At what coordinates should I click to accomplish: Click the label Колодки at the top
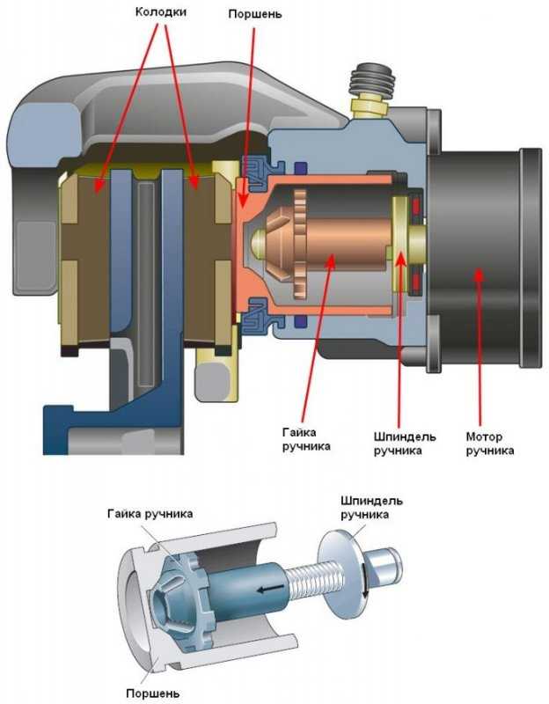coord(160,11)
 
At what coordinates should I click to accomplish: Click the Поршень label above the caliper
coord(254,14)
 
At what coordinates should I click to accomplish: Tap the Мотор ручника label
coord(489,444)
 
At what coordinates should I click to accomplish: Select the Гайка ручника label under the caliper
coord(306,439)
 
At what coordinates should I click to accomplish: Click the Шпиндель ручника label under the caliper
coord(405,444)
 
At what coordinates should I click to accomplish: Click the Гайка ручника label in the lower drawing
coord(150,513)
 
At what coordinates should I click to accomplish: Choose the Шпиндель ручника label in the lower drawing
coord(371,508)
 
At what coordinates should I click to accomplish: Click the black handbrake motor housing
coord(484,259)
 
